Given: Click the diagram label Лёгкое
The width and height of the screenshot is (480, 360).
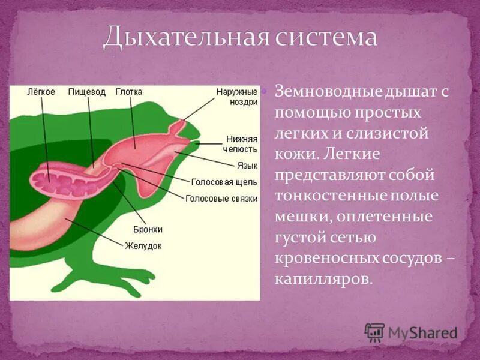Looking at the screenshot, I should pyautogui.click(x=41, y=92).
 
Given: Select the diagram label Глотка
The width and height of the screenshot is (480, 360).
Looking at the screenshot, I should pyautogui.click(x=129, y=92).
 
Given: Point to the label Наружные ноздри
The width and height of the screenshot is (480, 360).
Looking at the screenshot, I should pyautogui.click(x=237, y=97).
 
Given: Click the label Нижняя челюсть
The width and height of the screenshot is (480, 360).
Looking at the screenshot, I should pyautogui.click(x=242, y=143).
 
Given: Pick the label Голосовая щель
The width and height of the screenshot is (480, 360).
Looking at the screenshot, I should pyautogui.click(x=224, y=181).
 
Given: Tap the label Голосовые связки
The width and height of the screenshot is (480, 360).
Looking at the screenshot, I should pyautogui.click(x=221, y=197).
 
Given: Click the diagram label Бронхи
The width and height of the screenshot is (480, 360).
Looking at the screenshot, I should pyautogui.click(x=148, y=229).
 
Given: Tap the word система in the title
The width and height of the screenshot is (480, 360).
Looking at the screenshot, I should pyautogui.click(x=326, y=37).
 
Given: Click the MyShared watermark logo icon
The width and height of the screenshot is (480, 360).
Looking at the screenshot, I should pyautogui.click(x=374, y=332).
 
